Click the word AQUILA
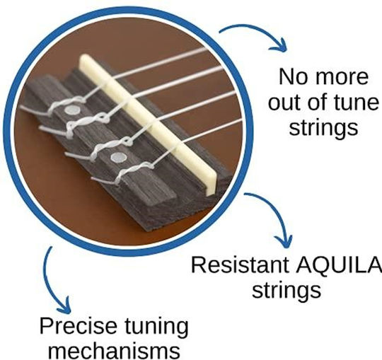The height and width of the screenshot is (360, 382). coord(339,265)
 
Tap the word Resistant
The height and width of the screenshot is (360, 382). coord(240,265)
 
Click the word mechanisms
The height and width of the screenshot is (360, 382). coord(115,351)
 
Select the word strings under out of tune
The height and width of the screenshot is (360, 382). coord(323,129)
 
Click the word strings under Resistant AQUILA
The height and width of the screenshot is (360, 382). coord(286,291)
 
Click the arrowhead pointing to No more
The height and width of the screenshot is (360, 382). coord(279,45)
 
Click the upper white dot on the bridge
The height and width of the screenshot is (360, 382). coord(73,110)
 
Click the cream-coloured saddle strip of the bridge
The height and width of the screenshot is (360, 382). coord(146,122)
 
